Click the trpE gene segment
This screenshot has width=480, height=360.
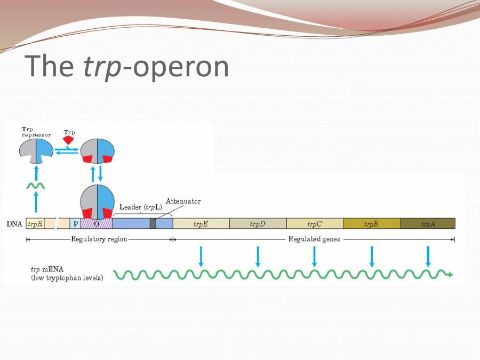tap(201, 223)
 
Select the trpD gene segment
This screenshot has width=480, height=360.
tap(258, 223)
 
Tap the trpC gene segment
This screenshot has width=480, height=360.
tap(315, 223)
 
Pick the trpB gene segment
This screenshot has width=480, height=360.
tap(371, 223)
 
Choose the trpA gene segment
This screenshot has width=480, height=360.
tap(428, 223)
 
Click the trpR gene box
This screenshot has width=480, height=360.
tap(35, 223)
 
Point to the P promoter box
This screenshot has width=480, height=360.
tap(76, 223)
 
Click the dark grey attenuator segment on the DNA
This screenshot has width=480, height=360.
tap(153, 223)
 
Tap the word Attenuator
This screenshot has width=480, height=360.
tap(183, 201)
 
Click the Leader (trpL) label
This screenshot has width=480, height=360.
tap(141, 207)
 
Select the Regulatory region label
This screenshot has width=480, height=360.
tap(99, 239)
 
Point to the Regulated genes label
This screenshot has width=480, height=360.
tap(314, 239)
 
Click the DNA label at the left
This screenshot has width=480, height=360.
tap(14, 224)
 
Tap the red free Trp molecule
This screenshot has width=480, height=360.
tap(68, 140)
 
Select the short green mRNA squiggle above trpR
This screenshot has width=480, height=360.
tap(36, 186)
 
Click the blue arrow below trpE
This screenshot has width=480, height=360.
tap(201, 257)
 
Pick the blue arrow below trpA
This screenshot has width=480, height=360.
tap(428, 257)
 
